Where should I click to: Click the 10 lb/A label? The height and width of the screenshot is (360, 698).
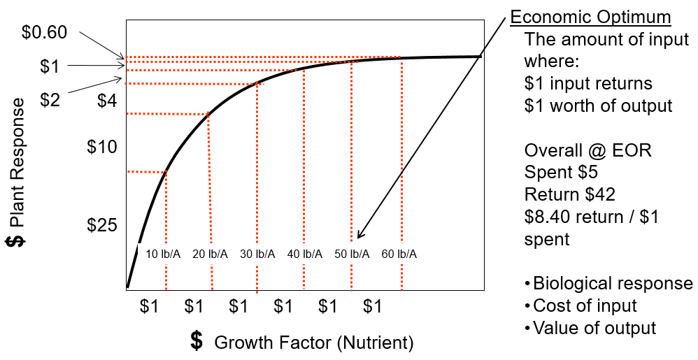click(x=162, y=254)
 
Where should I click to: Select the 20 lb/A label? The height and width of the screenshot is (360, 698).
click(x=210, y=254)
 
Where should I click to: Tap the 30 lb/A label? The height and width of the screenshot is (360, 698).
click(x=257, y=254)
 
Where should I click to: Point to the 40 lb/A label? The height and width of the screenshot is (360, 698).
click(x=305, y=254)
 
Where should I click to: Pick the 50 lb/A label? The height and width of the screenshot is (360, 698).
click(x=352, y=254)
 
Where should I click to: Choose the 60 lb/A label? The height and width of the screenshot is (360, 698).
click(x=399, y=254)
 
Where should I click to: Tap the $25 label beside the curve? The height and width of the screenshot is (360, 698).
click(x=102, y=225)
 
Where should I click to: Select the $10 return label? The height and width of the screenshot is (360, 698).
click(x=102, y=147)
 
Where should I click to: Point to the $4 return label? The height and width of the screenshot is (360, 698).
click(x=107, y=101)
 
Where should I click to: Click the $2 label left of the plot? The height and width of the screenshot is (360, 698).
click(x=50, y=100)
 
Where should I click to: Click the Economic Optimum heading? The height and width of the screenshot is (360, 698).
click(x=590, y=17)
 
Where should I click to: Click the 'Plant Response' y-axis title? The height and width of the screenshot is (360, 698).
click(x=16, y=171)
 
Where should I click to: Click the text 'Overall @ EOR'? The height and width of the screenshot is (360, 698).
click(x=587, y=151)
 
